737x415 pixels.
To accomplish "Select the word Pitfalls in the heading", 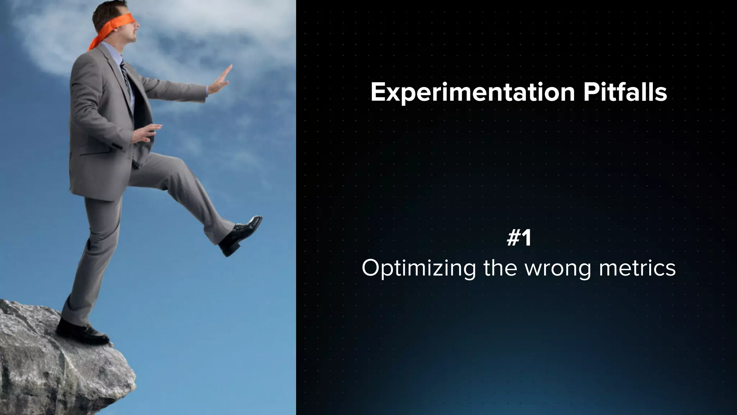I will (x=625, y=92).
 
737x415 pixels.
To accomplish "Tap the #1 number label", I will (x=519, y=238).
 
